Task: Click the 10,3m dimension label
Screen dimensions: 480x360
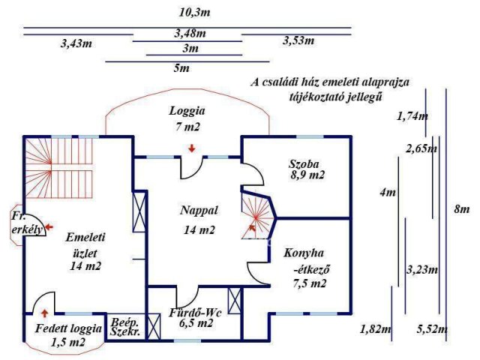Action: coord(195,13)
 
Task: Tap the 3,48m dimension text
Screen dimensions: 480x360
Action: coord(190,33)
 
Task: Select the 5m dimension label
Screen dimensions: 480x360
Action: coord(181,68)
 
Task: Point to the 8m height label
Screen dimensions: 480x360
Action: coord(462,209)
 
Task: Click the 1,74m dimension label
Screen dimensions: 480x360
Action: coord(412,116)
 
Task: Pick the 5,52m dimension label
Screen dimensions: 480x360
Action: coord(432,330)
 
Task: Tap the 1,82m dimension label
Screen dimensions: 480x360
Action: coord(376,330)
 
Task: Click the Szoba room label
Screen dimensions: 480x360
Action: coord(304,164)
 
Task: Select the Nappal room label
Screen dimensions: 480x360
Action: coord(199,210)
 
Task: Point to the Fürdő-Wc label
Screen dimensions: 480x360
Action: coord(195,313)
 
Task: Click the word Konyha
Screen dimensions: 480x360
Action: coord(304,253)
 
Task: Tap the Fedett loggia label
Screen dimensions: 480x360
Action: coord(68,328)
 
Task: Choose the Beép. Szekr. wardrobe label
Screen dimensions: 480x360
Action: coord(125,327)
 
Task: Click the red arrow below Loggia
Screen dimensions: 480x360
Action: coord(192,148)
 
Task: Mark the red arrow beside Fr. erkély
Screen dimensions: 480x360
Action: coord(49,227)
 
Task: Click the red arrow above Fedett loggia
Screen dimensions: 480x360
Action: coord(45,313)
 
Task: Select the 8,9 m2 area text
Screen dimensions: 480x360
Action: coord(307,175)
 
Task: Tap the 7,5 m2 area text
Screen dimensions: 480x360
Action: coord(310,283)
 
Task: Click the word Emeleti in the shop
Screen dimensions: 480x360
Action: coord(85,237)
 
